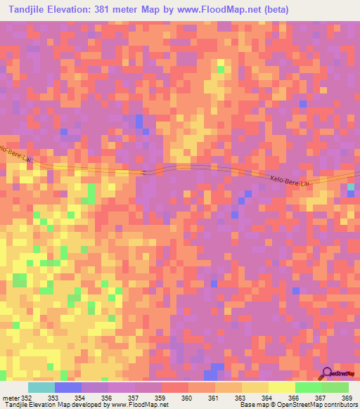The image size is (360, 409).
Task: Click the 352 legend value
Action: (27, 398)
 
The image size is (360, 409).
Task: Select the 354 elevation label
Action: (81, 398)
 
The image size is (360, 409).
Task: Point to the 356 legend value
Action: (108, 398)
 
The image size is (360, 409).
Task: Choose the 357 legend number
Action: (134, 398)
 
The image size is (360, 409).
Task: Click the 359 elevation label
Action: (161, 398)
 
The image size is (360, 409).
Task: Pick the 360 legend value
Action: (188, 398)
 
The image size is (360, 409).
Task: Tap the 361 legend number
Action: (214, 398)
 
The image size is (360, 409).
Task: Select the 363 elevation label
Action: (241, 398)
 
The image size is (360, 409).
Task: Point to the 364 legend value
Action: (268, 398)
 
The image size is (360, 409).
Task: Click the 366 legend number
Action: (295, 398)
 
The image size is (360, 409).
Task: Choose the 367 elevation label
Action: (321, 398)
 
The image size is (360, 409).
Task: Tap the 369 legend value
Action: (347, 398)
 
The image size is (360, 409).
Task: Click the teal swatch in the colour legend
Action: (41, 387)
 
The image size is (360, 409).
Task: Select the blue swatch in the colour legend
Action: (68, 387)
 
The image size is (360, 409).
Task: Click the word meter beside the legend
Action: (9, 398)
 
